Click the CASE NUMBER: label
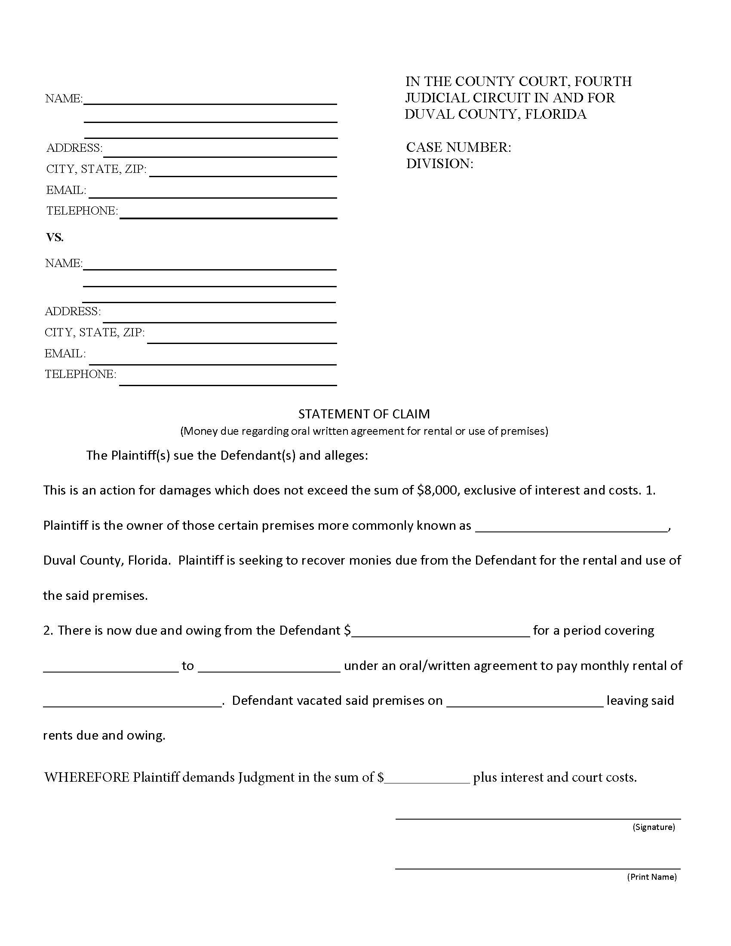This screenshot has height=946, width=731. pos(458,147)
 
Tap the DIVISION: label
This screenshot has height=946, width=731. pos(439,164)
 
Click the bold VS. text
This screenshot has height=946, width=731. pos(55,237)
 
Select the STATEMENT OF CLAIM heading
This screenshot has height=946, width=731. pos(364,414)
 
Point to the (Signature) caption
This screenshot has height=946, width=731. pos(654,827)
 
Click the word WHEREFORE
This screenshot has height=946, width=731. pos(86,777)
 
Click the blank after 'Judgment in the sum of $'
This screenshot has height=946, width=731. pos(427,778)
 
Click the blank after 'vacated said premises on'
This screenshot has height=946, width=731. pos(525,701)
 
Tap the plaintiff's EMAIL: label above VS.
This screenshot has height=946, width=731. pos(66,190)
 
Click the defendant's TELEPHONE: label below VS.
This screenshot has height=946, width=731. pos(80,374)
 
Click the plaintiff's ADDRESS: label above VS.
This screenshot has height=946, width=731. pos(74,148)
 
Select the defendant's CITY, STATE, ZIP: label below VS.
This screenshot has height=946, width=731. pos(95,333)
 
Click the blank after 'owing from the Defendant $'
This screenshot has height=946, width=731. pos(441,631)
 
